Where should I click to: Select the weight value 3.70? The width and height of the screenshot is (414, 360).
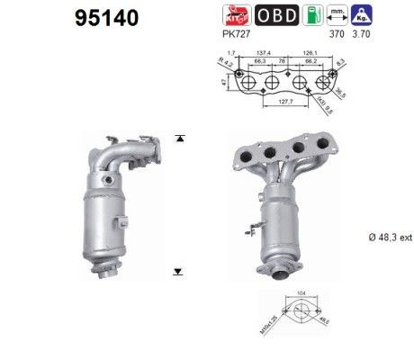pos(362,35)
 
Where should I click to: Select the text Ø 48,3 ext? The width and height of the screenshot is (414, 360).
pos(391,237)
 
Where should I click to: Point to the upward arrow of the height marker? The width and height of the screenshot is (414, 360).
pos(181,138)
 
